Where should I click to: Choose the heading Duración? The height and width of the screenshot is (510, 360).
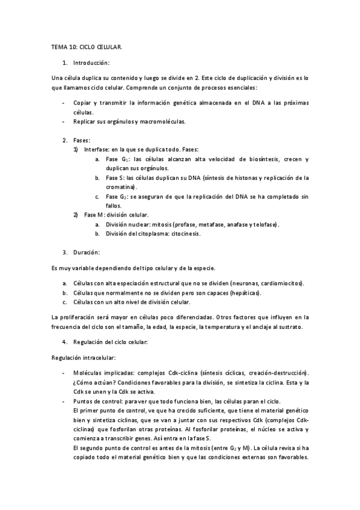pyautogui.click(x=87, y=252)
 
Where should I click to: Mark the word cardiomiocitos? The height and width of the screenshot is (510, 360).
pyautogui.click(x=283, y=283)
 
